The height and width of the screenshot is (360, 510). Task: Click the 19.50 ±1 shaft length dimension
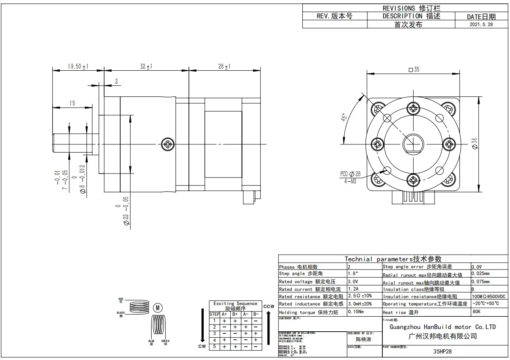(x=78, y=66)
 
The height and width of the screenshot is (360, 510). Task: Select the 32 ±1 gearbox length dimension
(x=146, y=66)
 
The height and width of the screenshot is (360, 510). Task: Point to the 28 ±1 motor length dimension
(x=224, y=66)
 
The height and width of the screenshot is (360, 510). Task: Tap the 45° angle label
(x=344, y=118)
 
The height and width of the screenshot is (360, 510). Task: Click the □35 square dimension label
(x=414, y=69)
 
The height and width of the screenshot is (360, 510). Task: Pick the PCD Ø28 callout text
(x=350, y=174)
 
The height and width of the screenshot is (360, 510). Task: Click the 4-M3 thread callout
(x=349, y=180)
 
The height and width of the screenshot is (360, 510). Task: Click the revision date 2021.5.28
(x=481, y=24)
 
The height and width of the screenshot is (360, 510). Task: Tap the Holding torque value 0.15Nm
(x=356, y=312)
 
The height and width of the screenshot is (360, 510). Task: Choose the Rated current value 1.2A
(x=353, y=289)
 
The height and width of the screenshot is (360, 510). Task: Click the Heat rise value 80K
(x=476, y=312)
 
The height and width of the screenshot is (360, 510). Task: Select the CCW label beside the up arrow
(x=268, y=306)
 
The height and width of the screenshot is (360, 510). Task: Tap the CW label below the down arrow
(x=202, y=346)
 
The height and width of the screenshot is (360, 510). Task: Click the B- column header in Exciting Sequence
(x=256, y=314)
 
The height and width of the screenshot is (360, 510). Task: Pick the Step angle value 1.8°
(x=353, y=273)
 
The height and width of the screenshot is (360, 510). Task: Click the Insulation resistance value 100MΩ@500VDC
(x=488, y=297)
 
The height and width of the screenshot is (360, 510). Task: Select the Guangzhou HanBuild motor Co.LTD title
(x=443, y=327)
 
